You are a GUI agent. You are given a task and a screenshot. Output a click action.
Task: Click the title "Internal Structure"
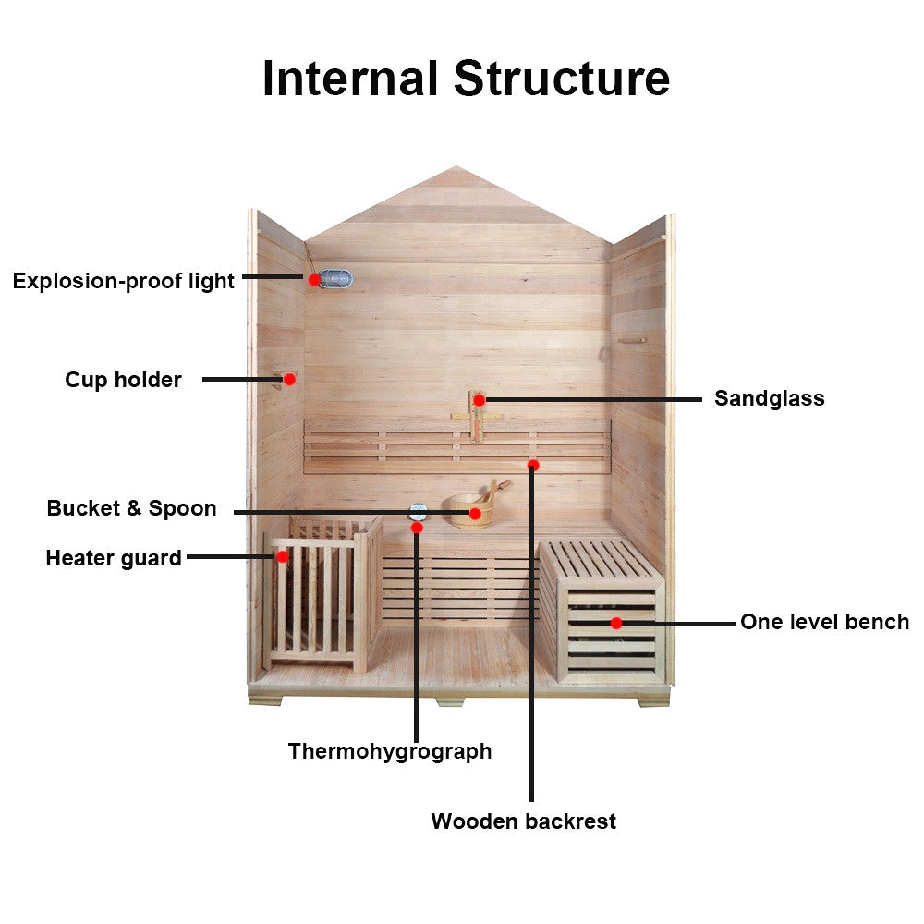pyautogui.click(x=466, y=78)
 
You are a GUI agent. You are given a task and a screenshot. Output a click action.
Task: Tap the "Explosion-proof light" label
pyautogui.click(x=124, y=281)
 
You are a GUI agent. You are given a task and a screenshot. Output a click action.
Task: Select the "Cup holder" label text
pyautogui.click(x=123, y=380)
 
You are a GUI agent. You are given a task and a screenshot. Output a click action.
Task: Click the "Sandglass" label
pyautogui.click(x=769, y=399)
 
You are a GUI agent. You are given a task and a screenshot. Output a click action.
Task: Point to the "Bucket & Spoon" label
pyautogui.click(x=131, y=508)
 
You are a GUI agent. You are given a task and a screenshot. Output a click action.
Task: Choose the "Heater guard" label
pyautogui.click(x=113, y=558)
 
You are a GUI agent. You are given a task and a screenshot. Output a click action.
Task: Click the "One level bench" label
pyautogui.click(x=824, y=623)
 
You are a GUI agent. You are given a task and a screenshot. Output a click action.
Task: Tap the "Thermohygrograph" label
pyautogui.click(x=389, y=751)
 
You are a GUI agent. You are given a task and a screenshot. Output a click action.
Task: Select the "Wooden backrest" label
pyautogui.click(x=523, y=821)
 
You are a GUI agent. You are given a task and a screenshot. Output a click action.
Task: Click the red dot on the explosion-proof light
pyautogui.click(x=314, y=278)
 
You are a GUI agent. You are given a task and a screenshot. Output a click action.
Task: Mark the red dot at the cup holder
pyautogui.click(x=289, y=379)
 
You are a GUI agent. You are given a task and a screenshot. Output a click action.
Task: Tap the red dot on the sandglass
pyautogui.click(x=479, y=400)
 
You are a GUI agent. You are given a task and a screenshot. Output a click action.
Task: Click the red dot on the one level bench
pyautogui.click(x=616, y=623)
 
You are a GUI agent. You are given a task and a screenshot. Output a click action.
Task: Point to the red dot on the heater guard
pyautogui.click(x=283, y=556)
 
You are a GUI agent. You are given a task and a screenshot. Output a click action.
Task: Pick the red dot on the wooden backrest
pyautogui.click(x=533, y=465)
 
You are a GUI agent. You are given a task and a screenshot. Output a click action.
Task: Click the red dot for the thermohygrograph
pyautogui.click(x=417, y=528)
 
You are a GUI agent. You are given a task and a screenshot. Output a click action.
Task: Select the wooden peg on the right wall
pyautogui.click(x=632, y=340)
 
